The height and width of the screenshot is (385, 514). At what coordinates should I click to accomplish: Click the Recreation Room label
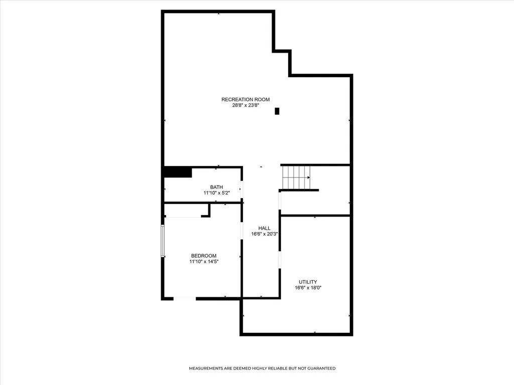245,100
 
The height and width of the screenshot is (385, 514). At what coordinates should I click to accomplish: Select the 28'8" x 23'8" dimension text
246,105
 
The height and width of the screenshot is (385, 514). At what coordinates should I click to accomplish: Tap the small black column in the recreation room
277,111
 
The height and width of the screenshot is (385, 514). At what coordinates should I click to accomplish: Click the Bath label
216,187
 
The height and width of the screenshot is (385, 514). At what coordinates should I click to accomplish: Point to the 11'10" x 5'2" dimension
217,193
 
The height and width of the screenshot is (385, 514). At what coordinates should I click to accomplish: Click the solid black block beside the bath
178,172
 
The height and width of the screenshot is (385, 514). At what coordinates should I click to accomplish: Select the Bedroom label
204,256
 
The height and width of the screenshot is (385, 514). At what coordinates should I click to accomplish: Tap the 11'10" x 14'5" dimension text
204,262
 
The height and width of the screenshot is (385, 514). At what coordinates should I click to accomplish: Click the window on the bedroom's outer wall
162,241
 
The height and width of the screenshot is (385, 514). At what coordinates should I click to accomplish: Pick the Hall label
265,228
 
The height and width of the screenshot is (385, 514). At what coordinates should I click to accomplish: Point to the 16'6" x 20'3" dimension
265,234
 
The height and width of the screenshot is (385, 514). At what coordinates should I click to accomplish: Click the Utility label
308,282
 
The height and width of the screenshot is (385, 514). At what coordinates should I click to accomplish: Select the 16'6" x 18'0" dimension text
308,288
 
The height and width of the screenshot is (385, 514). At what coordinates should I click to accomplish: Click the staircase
296,177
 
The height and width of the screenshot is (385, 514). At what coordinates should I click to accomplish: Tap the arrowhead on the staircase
309,177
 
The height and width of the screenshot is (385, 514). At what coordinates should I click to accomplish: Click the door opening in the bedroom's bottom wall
185,298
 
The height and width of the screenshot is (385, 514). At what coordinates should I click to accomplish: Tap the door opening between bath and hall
242,189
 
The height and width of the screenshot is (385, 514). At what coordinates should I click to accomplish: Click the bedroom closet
186,210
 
